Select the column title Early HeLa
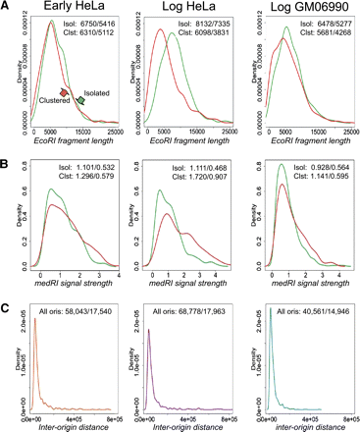coord(69,9)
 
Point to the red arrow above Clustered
coord(65,90)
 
